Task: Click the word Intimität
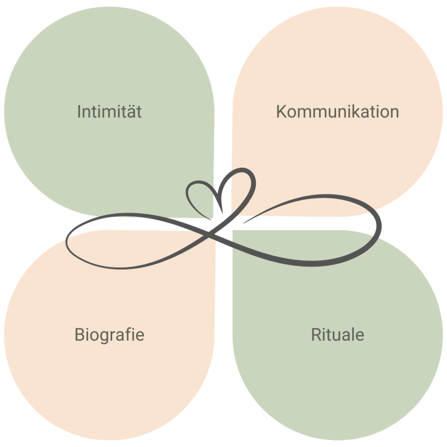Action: coord(109,112)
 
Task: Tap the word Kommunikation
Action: coord(337,112)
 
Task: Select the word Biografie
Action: coord(109,335)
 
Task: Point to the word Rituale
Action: coord(337,335)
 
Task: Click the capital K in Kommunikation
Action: coord(281,112)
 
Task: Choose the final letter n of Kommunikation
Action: coord(394,113)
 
